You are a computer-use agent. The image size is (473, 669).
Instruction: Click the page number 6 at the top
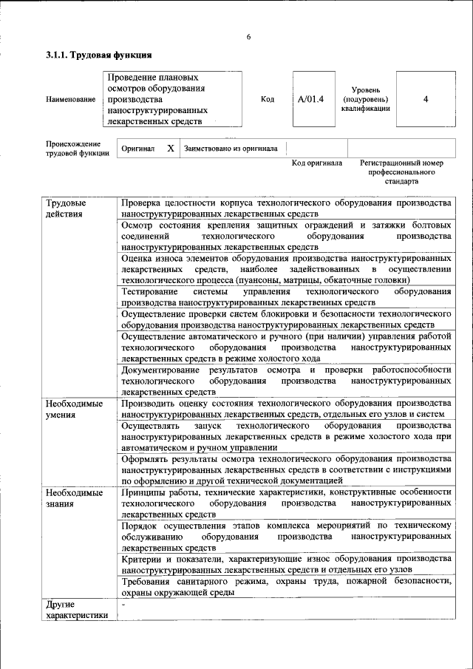point(249,37)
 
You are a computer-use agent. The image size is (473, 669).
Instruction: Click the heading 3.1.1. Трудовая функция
point(99,55)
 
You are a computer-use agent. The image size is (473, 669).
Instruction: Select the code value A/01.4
point(311,98)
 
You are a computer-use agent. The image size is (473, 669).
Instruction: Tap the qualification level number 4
point(426,98)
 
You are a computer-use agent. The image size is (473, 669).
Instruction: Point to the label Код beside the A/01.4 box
point(268,98)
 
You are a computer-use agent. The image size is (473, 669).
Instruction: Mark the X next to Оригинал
point(171,148)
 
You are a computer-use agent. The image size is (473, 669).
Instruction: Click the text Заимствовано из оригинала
point(231,148)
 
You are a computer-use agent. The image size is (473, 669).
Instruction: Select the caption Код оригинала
point(316,163)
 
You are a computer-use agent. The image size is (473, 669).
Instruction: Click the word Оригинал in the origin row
point(138,148)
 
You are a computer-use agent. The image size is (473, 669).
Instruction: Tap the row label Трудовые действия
point(66,208)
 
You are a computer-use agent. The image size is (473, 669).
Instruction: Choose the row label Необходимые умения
point(74,410)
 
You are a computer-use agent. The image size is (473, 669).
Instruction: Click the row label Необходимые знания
point(74,497)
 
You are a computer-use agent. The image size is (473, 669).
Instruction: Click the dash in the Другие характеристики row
point(123,606)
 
